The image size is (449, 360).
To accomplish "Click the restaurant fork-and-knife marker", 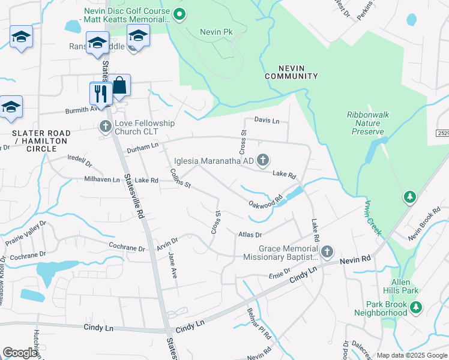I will [100, 94].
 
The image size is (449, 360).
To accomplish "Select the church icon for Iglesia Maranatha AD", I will [262, 160].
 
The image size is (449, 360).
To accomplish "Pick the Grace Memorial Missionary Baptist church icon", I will [327, 251].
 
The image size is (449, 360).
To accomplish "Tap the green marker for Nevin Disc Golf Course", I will [178, 14].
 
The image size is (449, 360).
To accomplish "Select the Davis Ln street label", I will [267, 121].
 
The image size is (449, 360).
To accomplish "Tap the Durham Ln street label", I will [142, 146].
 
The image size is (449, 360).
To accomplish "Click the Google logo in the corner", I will [20, 353].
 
